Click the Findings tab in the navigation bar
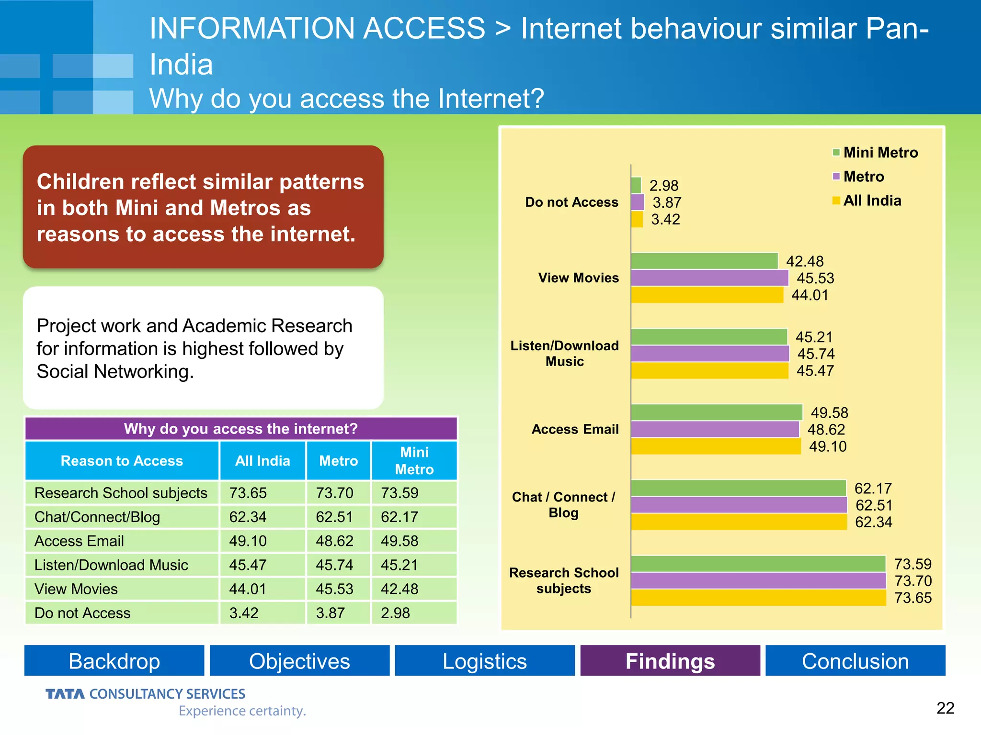tap(670, 661)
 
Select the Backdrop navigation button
tap(114, 661)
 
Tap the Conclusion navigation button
tap(855, 661)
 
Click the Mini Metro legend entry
tap(875, 153)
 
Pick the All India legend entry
tap(867, 200)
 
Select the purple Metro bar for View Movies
tap(709, 278)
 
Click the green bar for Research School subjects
tap(758, 564)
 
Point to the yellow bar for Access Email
tap(716, 446)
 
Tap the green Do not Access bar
tap(636, 185)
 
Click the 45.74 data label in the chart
tap(816, 354)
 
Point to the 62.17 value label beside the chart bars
tap(873, 489)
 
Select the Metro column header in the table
tap(338, 461)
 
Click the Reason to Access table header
tap(122, 461)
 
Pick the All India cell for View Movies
tap(248, 589)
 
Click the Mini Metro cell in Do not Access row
tap(396, 613)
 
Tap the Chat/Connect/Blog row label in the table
tap(97, 517)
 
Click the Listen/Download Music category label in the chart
tap(564, 353)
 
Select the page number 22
tap(945, 708)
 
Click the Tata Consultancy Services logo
tap(146, 694)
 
